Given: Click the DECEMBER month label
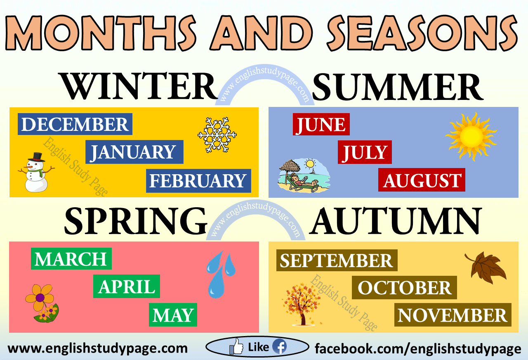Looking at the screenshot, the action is (x=75, y=124).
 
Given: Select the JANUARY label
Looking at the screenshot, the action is (x=134, y=152).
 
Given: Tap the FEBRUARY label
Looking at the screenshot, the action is (x=198, y=181).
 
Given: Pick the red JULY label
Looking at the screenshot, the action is (x=365, y=152).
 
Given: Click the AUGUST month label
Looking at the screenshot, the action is (x=422, y=180).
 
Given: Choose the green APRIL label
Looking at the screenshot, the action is (x=127, y=286).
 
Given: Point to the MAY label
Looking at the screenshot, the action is (x=173, y=315).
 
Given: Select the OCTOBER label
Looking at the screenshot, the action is (x=404, y=288).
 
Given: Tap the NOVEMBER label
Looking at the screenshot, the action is (x=453, y=315).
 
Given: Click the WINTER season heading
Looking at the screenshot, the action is (x=138, y=86).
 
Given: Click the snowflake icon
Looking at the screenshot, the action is (x=217, y=135).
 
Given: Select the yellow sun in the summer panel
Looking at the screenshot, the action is (x=471, y=136).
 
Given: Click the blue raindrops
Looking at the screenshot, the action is (x=220, y=274).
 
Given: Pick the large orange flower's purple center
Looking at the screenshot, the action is (x=40, y=298).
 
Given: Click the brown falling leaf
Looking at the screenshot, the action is (x=486, y=268).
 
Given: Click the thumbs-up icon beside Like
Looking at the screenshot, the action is (x=236, y=346).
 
